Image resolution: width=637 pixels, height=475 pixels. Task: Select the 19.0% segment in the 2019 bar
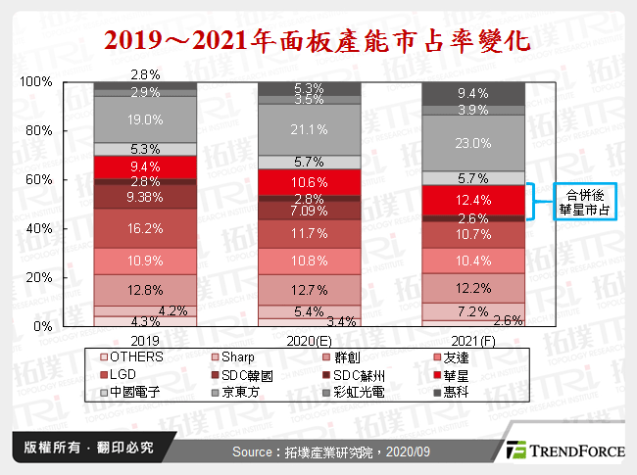[144, 119]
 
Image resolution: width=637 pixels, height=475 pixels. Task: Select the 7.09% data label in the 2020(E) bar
[308, 211]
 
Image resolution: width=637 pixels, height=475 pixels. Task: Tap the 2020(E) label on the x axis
[308, 341]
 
